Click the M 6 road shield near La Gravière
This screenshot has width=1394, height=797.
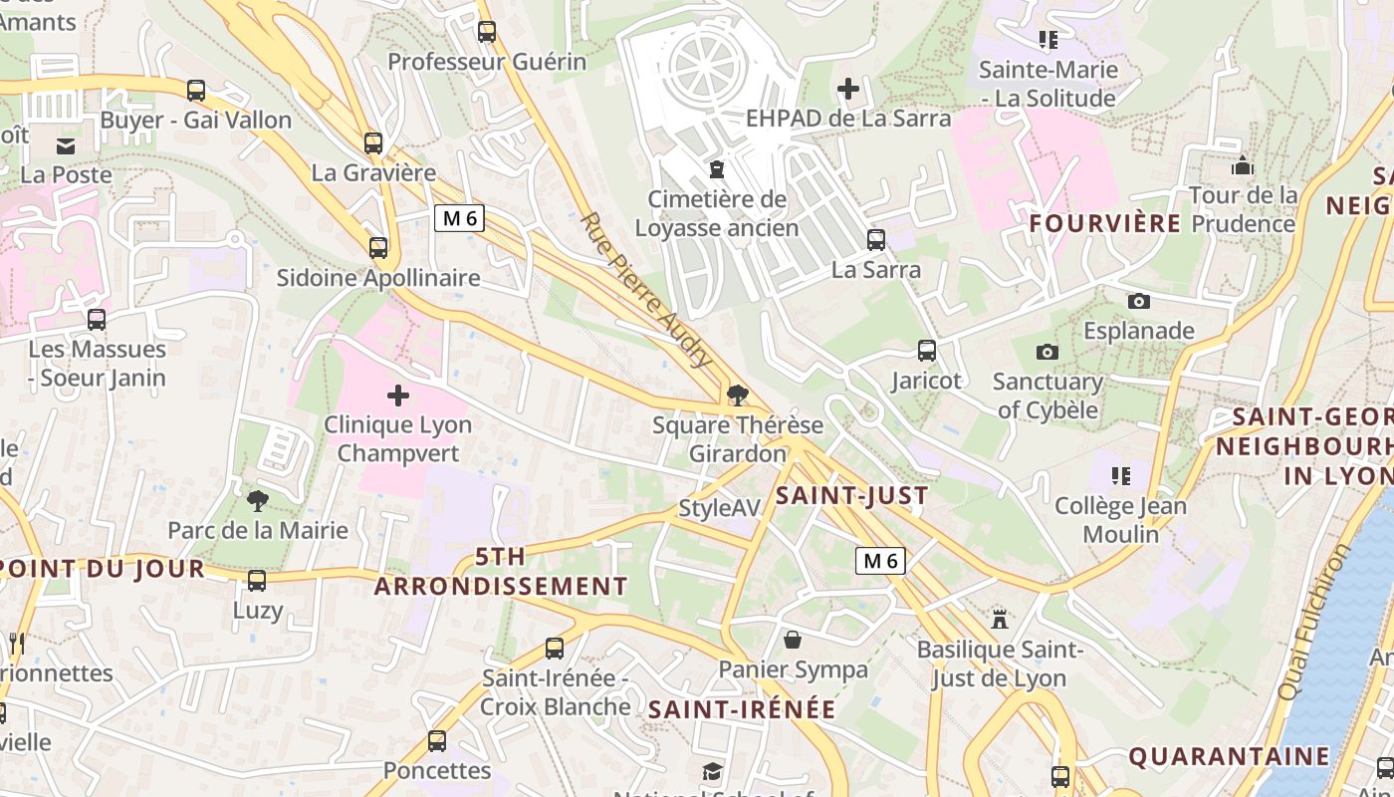[x=459, y=218]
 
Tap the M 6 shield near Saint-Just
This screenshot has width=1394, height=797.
[x=880, y=561]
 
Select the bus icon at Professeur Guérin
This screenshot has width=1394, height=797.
[x=486, y=32]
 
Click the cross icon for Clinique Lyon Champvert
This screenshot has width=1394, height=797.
[x=398, y=396]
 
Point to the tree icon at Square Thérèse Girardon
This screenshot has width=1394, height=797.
[x=738, y=396]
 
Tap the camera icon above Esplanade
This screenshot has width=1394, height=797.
[x=1138, y=301]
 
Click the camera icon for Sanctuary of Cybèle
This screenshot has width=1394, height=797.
[x=1046, y=352]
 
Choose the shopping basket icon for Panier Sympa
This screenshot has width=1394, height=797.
[x=793, y=640]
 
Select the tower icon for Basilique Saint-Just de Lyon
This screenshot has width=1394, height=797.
[x=1000, y=620]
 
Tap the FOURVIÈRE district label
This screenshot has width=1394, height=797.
[x=1104, y=223]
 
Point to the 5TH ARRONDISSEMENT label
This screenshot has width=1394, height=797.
[x=501, y=571]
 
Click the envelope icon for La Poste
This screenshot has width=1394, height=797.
[x=66, y=146]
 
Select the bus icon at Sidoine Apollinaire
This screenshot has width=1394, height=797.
[x=378, y=248]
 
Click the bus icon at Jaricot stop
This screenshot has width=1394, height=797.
[x=927, y=351]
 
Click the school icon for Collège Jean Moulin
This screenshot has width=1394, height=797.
[x=1121, y=476]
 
